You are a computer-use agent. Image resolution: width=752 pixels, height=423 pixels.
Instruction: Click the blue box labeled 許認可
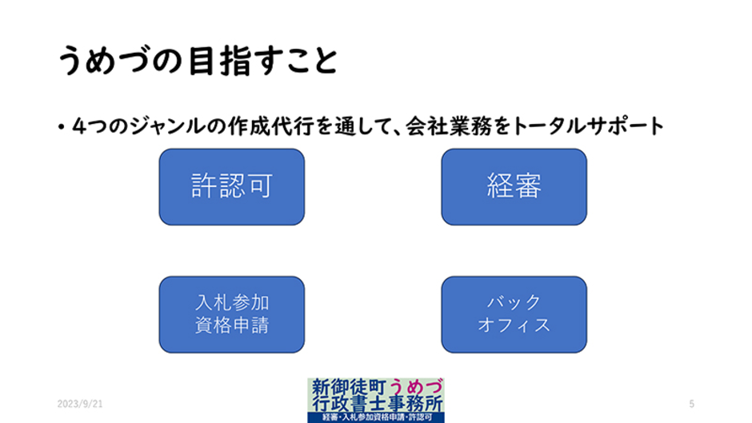coord(231,186)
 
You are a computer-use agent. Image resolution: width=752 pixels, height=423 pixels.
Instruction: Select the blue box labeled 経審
coord(514,186)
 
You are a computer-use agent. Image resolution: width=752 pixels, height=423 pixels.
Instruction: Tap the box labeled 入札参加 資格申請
coord(231,314)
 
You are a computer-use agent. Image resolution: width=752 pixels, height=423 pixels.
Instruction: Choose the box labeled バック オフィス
coord(514,314)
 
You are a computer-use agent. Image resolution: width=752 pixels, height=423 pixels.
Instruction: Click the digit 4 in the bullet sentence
coord(78,126)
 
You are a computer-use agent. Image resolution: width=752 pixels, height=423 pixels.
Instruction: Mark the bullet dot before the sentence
coord(61,128)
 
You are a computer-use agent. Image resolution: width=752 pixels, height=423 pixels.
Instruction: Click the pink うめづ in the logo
coord(415,387)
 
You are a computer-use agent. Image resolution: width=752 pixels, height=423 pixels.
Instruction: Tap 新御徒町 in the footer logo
coord(349,387)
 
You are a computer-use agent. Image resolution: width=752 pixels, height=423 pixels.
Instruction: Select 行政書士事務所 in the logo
coord(375,402)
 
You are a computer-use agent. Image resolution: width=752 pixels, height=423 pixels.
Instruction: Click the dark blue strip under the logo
coord(375,417)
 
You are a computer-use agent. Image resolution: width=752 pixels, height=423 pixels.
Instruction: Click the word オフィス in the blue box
coord(514,325)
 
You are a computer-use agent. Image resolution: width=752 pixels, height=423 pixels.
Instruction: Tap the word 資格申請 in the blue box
coord(231,325)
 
